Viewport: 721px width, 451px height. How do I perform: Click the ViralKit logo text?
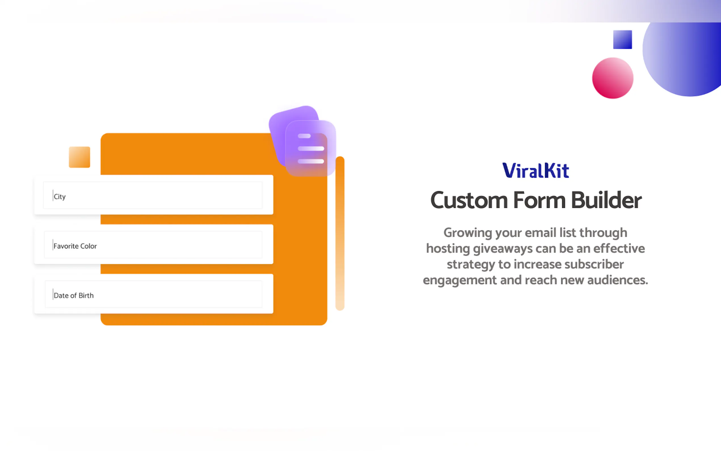point(535,171)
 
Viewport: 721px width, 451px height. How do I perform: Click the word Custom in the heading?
point(469,201)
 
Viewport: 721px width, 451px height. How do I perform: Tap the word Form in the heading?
point(539,201)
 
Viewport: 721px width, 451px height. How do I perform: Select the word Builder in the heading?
point(606,201)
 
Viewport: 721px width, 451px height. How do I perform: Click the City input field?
point(153,195)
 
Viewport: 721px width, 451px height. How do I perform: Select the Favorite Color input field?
point(153,245)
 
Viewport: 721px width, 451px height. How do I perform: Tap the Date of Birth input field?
point(153,295)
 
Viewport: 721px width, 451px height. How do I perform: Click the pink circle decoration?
point(613,78)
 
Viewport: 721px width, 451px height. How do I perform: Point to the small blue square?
point(622,39)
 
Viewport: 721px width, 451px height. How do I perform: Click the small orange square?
point(79,157)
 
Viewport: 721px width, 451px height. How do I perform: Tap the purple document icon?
point(310,148)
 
